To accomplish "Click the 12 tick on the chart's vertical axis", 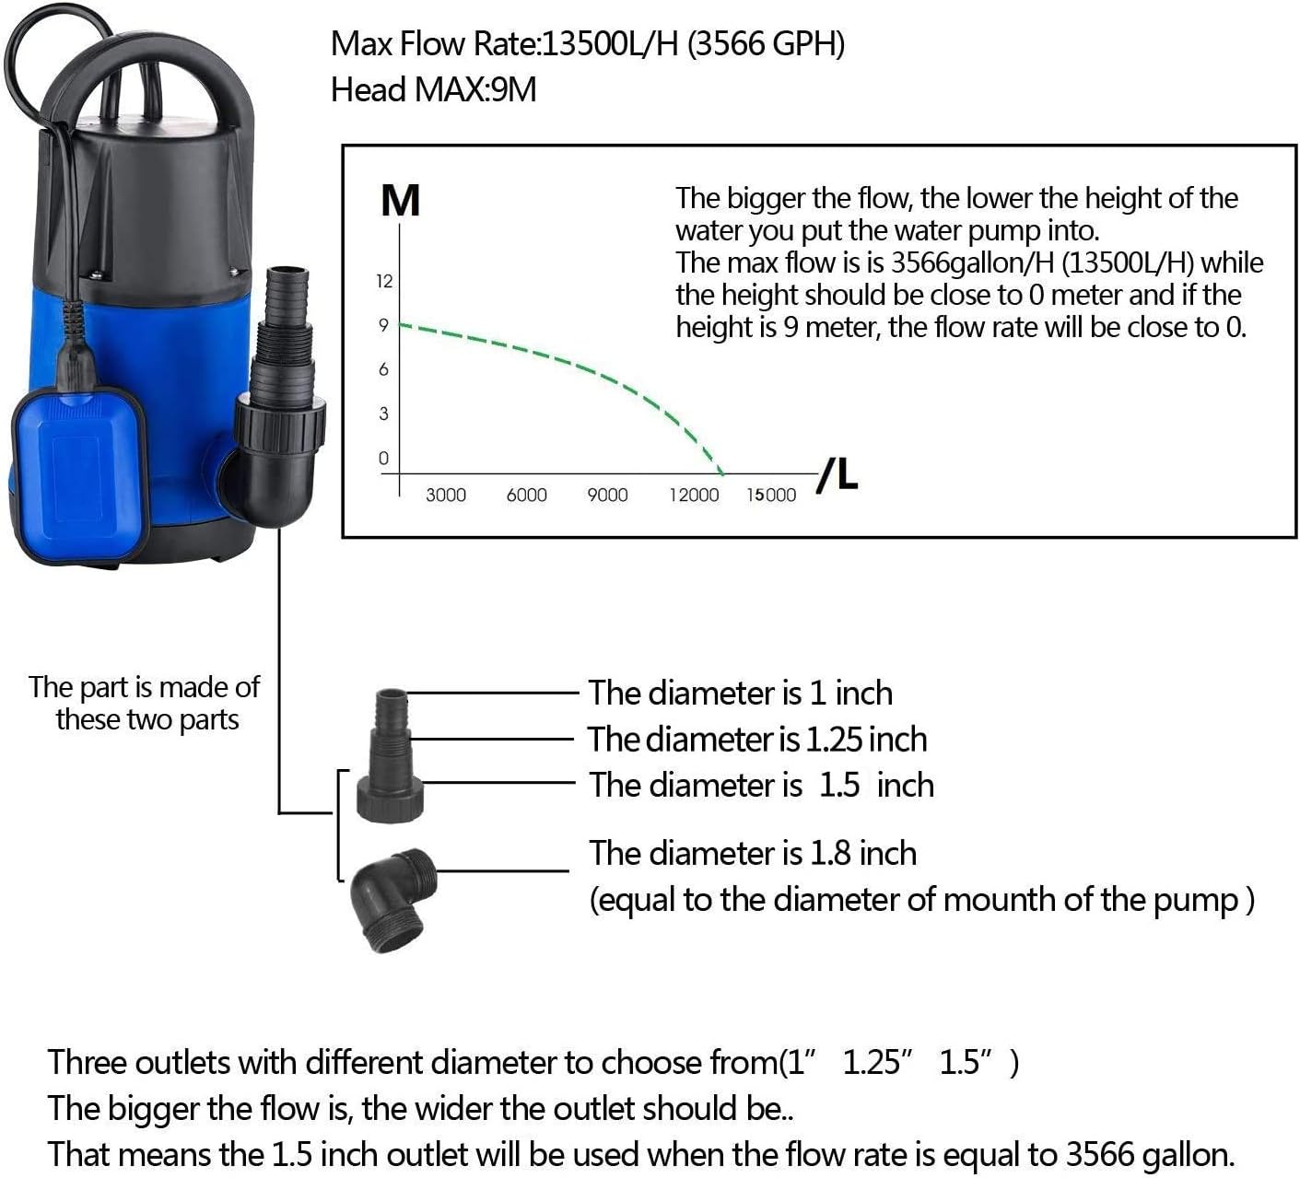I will point(384,281).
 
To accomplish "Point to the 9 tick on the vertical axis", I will point(384,325).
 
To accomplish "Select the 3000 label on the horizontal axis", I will point(445,496).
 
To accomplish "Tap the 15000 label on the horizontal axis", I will point(771,496).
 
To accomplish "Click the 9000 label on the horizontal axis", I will point(607,496).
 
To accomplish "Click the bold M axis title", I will point(400,201).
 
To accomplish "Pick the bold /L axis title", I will point(837,474).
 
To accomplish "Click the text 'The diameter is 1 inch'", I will point(740,693).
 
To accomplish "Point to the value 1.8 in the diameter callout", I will point(829,854).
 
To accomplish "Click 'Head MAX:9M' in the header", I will point(433,90).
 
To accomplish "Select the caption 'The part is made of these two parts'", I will point(145,703).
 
